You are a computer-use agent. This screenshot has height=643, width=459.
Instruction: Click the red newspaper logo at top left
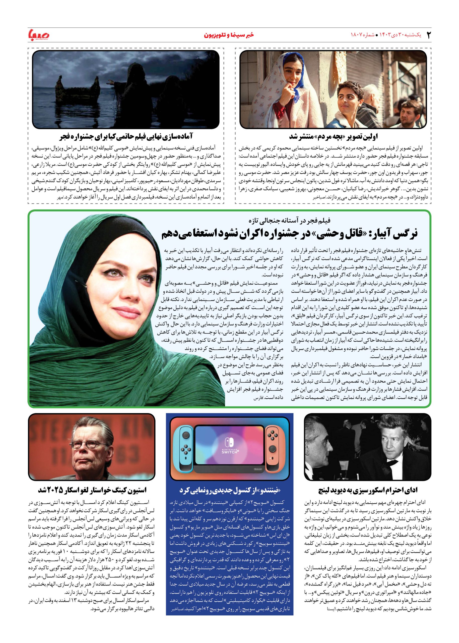(39, 35)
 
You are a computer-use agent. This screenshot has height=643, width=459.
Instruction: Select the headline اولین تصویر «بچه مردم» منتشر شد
(334, 137)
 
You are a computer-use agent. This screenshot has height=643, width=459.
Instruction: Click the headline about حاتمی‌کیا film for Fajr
(126, 137)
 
